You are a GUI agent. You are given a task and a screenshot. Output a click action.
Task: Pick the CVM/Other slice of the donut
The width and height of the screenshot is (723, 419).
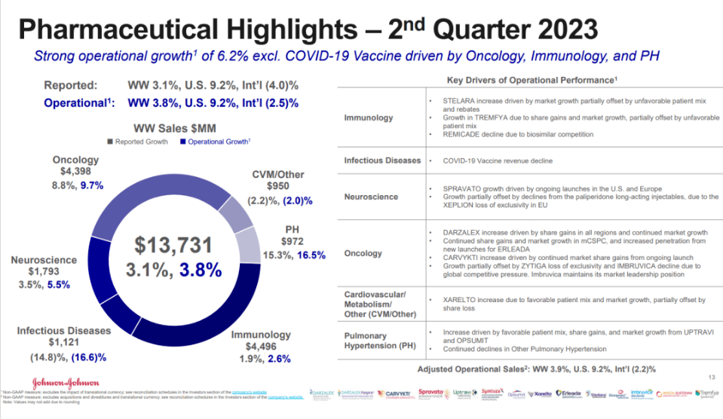pyautogui.click(x=239, y=208)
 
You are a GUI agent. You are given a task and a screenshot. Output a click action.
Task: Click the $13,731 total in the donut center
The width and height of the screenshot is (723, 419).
pyautogui.click(x=179, y=244)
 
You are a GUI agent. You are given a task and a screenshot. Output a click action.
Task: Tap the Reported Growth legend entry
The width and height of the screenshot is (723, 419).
pyautogui.click(x=136, y=141)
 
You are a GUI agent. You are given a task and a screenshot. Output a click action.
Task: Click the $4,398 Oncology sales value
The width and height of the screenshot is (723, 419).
pyautogui.click(x=75, y=172)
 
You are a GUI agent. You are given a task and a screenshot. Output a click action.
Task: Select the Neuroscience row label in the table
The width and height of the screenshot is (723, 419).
pyautogui.click(x=372, y=197)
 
